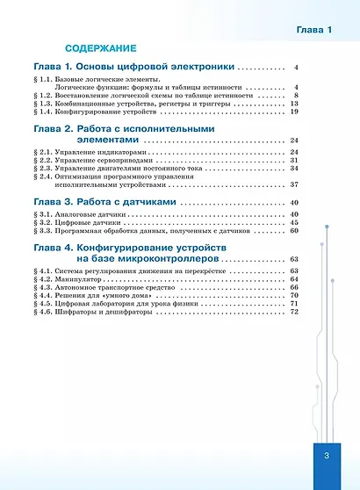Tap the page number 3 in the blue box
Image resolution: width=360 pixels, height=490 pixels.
pyautogui.click(x=325, y=456)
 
